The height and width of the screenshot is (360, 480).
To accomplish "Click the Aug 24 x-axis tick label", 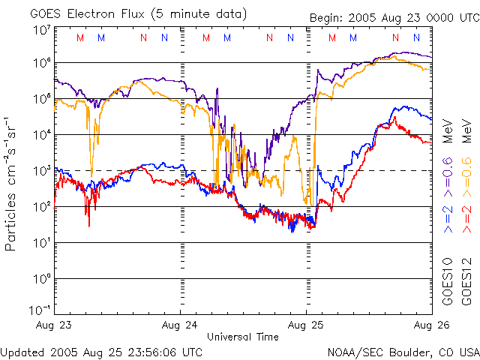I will point(180,326).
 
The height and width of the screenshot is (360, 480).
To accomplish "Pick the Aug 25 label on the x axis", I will point(307,326).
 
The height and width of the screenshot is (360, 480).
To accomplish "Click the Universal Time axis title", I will point(243,337).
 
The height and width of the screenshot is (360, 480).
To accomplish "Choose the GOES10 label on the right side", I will point(448,282).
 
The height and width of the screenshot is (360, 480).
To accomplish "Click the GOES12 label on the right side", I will point(466,282).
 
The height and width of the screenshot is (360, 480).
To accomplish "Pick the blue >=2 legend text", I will point(448,217).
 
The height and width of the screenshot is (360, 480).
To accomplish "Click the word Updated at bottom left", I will point(22,351).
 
